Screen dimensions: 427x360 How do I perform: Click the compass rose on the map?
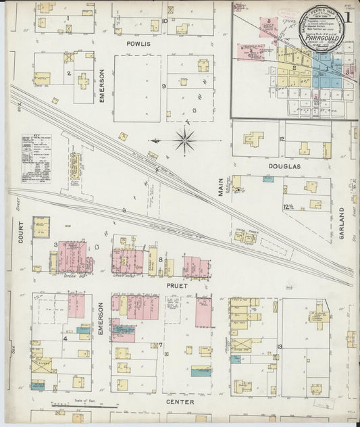pyautogui.click(x=184, y=141)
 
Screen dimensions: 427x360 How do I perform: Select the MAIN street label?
pyautogui.click(x=220, y=186)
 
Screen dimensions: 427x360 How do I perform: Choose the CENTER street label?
pyautogui.click(x=180, y=402)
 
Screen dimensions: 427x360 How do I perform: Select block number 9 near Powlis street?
pyautogui.click(x=164, y=86)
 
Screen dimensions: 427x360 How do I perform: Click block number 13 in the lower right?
pyautogui.click(x=279, y=347)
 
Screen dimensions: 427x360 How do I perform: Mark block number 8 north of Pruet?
pyautogui.click(x=160, y=259)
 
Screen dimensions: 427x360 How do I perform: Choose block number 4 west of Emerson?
pyautogui.click(x=66, y=338)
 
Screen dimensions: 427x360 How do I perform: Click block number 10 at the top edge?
pyautogui.click(x=165, y=21)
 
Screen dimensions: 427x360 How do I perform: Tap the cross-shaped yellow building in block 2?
pyautogui.click(x=82, y=81)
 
